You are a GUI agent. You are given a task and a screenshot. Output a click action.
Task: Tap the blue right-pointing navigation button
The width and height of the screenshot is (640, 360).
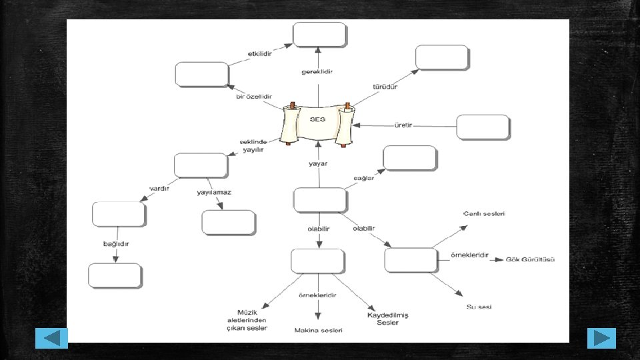(601, 338)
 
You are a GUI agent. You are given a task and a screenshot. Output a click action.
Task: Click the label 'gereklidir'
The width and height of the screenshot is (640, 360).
(317, 71)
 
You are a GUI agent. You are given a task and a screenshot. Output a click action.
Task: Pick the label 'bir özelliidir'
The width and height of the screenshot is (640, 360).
(254, 96)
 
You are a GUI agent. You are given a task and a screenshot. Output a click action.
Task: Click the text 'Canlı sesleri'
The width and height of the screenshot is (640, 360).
(485, 214)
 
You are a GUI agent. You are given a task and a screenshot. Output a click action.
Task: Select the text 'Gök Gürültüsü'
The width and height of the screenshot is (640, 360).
(531, 259)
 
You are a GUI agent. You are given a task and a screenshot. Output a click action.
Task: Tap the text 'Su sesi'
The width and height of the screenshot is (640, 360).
(479, 307)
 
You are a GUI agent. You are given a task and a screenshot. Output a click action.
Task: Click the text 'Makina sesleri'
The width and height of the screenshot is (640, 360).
(319, 330)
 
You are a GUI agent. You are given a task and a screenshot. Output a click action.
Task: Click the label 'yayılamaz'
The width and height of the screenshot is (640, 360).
(214, 192)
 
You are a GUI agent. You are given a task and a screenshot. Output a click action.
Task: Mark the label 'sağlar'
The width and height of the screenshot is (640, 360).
(363, 178)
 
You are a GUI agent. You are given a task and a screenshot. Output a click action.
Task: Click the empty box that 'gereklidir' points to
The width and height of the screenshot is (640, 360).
(320, 35)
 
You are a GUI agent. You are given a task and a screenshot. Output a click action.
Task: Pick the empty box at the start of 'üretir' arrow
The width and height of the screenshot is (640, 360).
(483, 127)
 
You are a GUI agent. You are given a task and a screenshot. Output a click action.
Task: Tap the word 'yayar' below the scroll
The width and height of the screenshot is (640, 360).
(318, 163)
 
